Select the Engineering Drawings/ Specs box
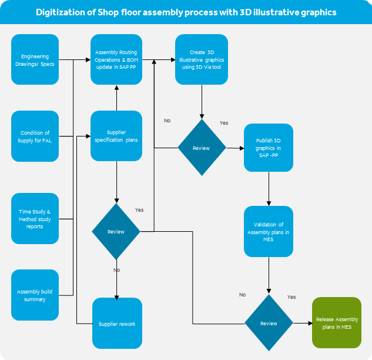pyautogui.click(x=35, y=59)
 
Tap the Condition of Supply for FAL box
pyautogui.click(x=35, y=136)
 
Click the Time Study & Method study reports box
pyautogui.click(x=35, y=218)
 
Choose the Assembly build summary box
pyautogui.click(x=35, y=295)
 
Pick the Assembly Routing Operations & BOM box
pyautogui.click(x=116, y=59)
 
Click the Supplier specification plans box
pyautogui.click(x=116, y=136)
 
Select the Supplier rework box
pyautogui.click(x=117, y=323)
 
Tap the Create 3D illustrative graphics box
pyautogui.click(x=202, y=59)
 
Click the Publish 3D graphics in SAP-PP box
pyautogui.click(x=269, y=148)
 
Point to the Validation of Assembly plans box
pyautogui.click(x=269, y=231)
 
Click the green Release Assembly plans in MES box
pyautogui.click(x=337, y=323)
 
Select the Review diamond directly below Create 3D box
pyautogui.click(x=202, y=148)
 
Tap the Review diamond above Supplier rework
pyautogui.click(x=116, y=231)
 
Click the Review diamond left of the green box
pyautogui.click(x=269, y=323)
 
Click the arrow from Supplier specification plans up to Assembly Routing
pyautogui.click(x=116, y=98)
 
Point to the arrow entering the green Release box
pyautogui.click(x=303, y=323)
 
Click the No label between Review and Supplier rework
pyautogui.click(x=116, y=269)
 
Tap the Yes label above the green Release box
pyautogui.click(x=291, y=297)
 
